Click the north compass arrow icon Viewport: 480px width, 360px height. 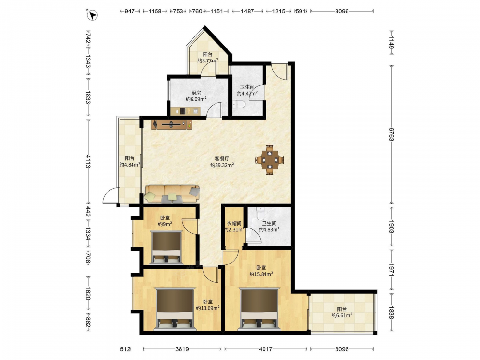click(93, 15)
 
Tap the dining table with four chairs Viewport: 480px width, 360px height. click(270, 160)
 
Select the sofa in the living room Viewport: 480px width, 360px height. click(172, 194)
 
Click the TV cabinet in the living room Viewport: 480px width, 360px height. click(172, 124)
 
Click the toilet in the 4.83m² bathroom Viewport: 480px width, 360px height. click(261, 214)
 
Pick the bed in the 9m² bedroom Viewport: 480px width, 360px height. click(167, 247)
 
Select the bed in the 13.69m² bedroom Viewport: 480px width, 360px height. click(175, 309)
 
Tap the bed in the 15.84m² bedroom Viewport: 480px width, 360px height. click(260, 309)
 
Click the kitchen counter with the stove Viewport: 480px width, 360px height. click(185, 111)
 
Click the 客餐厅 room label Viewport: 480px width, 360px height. click(222, 158)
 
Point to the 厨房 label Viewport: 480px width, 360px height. click(196, 93)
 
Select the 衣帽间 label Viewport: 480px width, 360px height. click(234, 224)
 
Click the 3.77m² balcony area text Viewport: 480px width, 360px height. click(207, 60)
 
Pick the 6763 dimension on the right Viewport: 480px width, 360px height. click(391, 134)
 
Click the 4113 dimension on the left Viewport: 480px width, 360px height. click(88, 161)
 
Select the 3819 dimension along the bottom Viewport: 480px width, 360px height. click(182, 349)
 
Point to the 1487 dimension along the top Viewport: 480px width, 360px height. click(247, 12)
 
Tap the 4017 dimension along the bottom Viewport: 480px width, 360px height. click(266, 349)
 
